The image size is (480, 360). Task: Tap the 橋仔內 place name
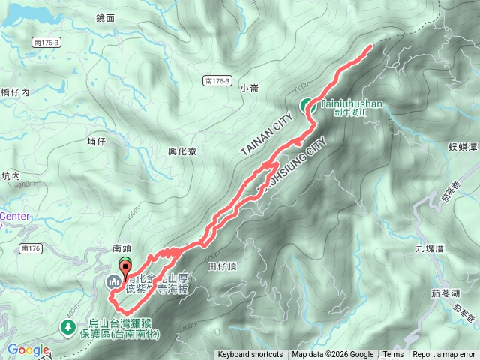14,92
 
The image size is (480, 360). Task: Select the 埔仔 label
97,141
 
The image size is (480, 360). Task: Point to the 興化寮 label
182,151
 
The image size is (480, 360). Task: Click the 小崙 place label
249,88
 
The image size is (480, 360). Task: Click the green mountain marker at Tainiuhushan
307,106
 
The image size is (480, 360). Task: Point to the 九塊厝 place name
430,247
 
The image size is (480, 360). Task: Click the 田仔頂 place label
222,266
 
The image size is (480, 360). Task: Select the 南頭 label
122,247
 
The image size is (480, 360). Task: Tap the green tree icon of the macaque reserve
69,327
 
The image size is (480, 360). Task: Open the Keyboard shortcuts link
250,355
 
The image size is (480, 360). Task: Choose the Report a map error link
444,355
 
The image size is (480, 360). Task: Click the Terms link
393,355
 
